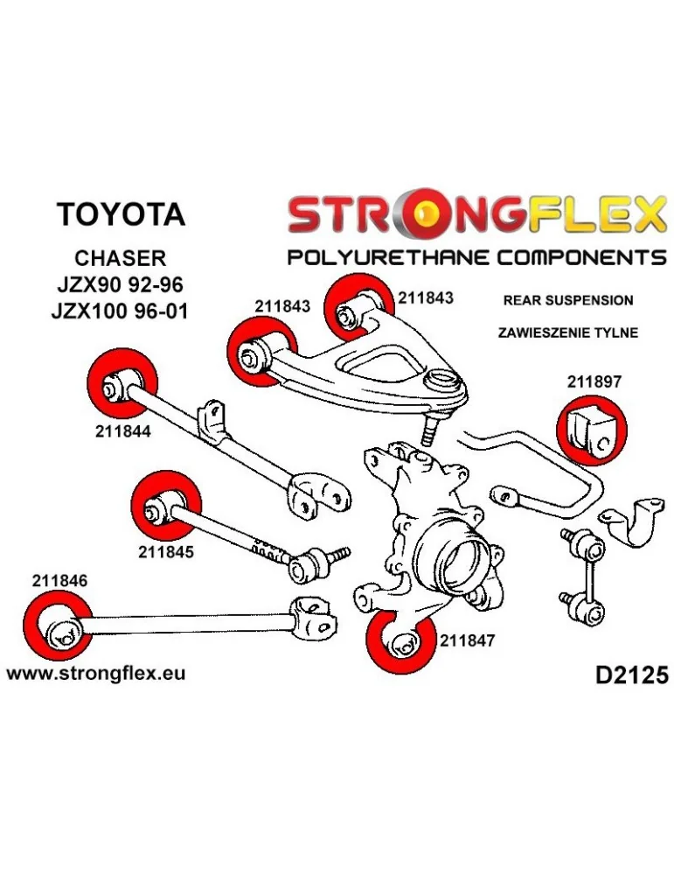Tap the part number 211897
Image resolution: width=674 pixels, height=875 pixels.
click(594, 381)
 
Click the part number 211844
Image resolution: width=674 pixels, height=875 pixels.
click(123, 431)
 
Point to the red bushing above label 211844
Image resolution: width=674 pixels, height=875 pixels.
click(122, 382)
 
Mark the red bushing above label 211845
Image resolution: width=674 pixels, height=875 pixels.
click(166, 505)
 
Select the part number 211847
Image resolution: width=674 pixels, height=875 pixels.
click(468, 640)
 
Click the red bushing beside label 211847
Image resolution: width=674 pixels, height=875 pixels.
click(401, 642)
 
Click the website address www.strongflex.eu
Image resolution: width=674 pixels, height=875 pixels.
click(95, 674)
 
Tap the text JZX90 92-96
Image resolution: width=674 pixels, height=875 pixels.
click(119, 284)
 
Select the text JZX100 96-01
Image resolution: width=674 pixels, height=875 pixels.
click(120, 310)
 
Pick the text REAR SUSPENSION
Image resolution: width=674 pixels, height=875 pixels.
click(568, 300)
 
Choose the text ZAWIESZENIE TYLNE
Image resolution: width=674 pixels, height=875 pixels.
click(568, 332)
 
